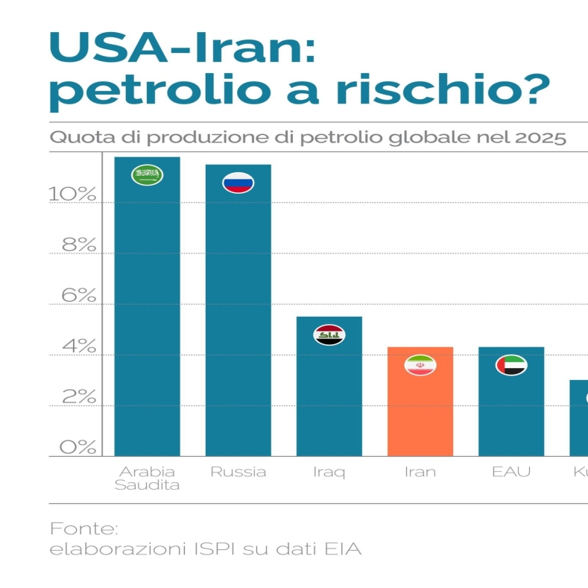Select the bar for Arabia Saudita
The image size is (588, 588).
tap(147, 313)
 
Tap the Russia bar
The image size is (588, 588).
tap(238, 320)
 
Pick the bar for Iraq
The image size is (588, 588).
tap(329, 395)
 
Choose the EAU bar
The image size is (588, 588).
tap(511, 410)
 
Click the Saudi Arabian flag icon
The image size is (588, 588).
tap(147, 175)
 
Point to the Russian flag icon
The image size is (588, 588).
tap(238, 183)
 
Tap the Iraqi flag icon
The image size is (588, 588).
tap(329, 335)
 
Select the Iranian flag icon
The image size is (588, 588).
tap(420, 365)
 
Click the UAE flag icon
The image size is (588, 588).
tap(511, 365)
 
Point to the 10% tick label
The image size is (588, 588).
tap(73, 195)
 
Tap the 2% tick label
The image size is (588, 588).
tap(79, 397)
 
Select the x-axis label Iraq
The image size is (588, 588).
tap(329, 472)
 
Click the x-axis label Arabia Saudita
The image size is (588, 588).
tap(147, 478)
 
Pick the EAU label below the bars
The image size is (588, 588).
tap(511, 472)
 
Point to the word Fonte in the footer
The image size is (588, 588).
tap(83, 529)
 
